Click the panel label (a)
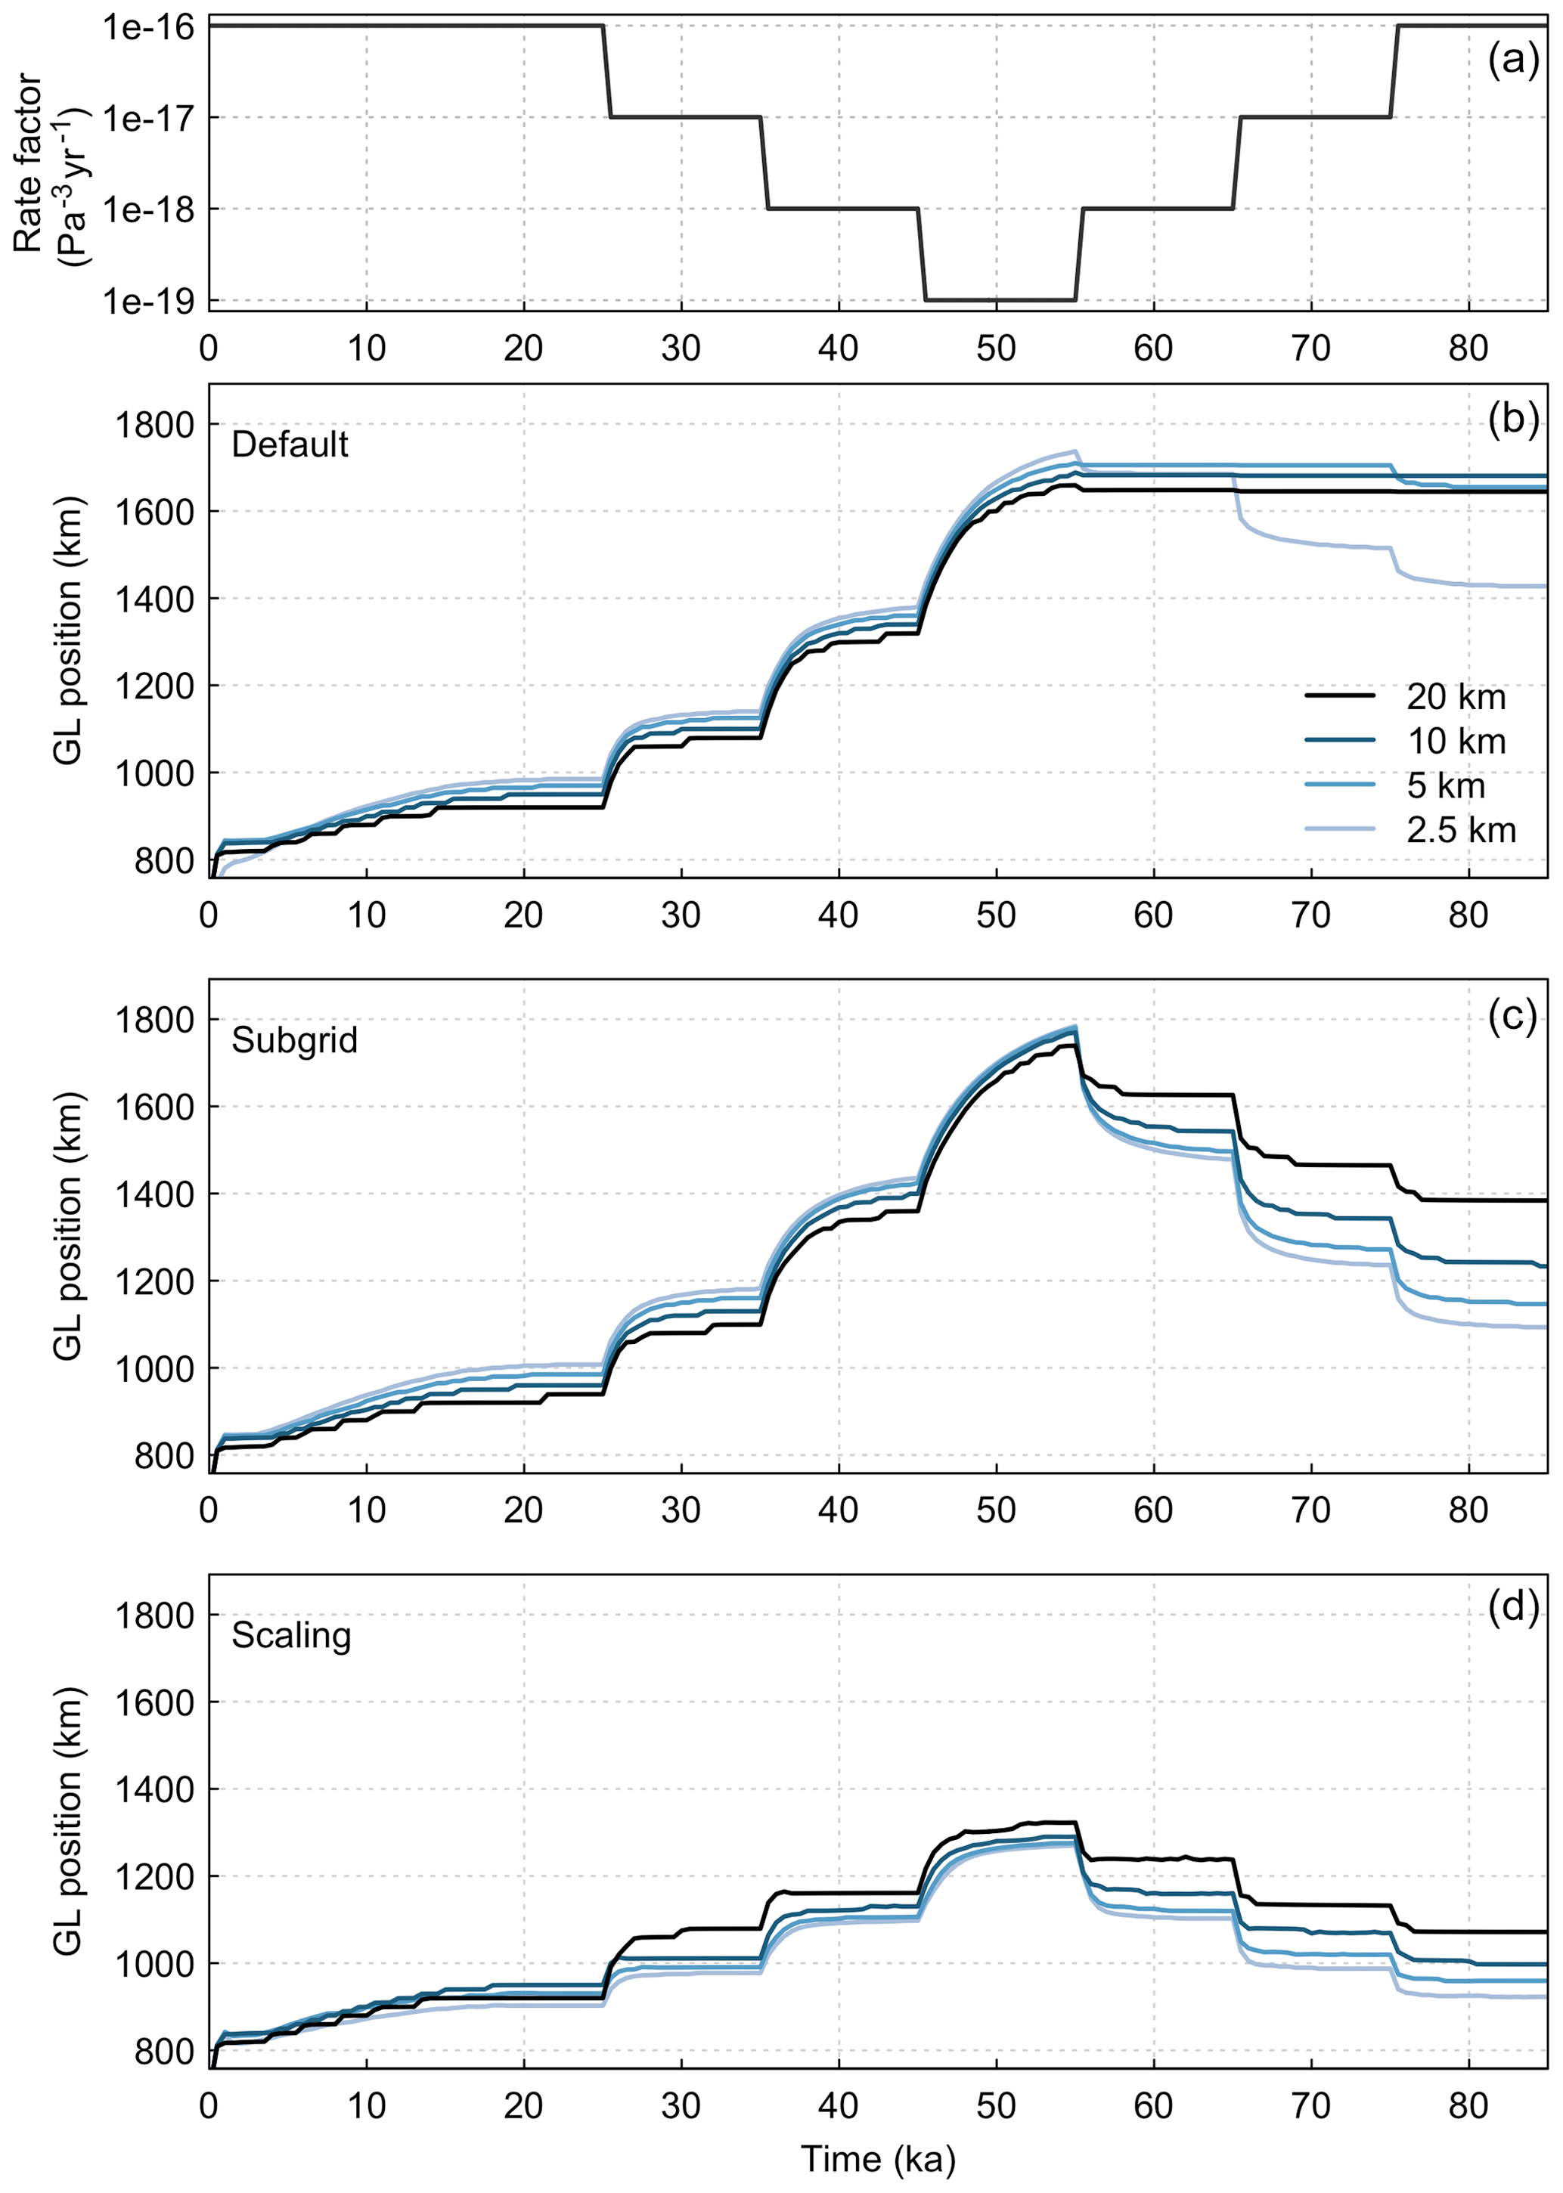(x=1513, y=60)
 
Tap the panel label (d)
(x=1513, y=1607)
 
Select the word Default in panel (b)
(x=290, y=444)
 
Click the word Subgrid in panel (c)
(x=294, y=1040)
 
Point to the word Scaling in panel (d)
(x=292, y=1636)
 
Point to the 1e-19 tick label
(x=148, y=301)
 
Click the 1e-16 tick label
(x=148, y=27)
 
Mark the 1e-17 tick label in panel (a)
(x=148, y=119)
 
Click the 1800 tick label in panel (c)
(x=154, y=1020)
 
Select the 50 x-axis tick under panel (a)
(x=995, y=348)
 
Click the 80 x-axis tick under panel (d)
(x=1468, y=2105)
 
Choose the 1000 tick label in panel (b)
(x=154, y=773)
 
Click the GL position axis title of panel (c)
(x=67, y=1226)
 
